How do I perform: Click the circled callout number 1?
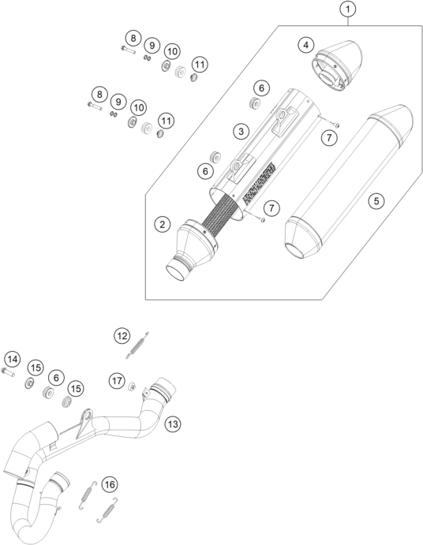(347, 9)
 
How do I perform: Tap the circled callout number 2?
(163, 224)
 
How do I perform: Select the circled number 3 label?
(241, 131)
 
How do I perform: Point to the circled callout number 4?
(305, 45)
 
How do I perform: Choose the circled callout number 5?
(376, 200)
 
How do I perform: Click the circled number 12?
(122, 336)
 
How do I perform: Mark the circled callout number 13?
(173, 424)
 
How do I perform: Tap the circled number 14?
(13, 359)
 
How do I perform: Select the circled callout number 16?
(110, 484)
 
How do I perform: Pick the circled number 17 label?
(118, 381)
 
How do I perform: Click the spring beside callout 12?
(137, 345)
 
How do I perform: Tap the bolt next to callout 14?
(8, 372)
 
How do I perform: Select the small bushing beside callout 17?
(133, 386)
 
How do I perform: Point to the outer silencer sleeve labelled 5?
(349, 181)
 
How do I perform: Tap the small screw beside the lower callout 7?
(261, 219)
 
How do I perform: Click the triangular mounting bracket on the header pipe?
(84, 423)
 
